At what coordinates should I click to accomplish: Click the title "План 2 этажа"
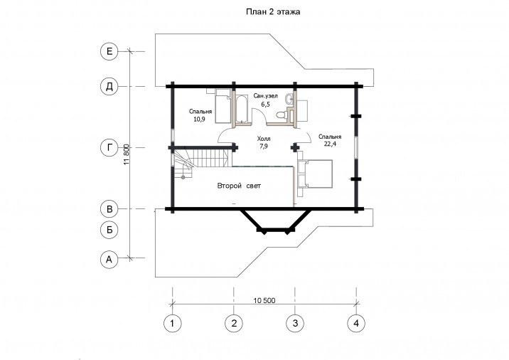[273, 12]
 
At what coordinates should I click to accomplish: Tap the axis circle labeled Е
[109, 51]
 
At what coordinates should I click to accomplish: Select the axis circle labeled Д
[109, 86]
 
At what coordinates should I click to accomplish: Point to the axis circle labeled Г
[109, 147]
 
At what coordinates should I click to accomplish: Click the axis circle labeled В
[109, 209]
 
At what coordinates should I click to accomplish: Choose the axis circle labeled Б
[109, 230]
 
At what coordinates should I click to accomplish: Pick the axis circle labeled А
[109, 259]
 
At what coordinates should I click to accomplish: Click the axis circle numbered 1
[172, 323]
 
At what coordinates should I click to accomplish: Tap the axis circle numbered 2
[234, 323]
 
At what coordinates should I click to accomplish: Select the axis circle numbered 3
[295, 323]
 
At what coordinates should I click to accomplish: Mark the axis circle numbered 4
[356, 323]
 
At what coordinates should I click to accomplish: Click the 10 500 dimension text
[264, 300]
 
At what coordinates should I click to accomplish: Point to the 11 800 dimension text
[127, 154]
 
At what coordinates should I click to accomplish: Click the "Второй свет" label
[239, 186]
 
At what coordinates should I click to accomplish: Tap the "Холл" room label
[264, 139]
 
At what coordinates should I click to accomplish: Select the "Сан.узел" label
[266, 96]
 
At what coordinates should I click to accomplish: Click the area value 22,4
[330, 144]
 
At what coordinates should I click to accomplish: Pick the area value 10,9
[199, 119]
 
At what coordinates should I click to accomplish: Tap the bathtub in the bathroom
[241, 109]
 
